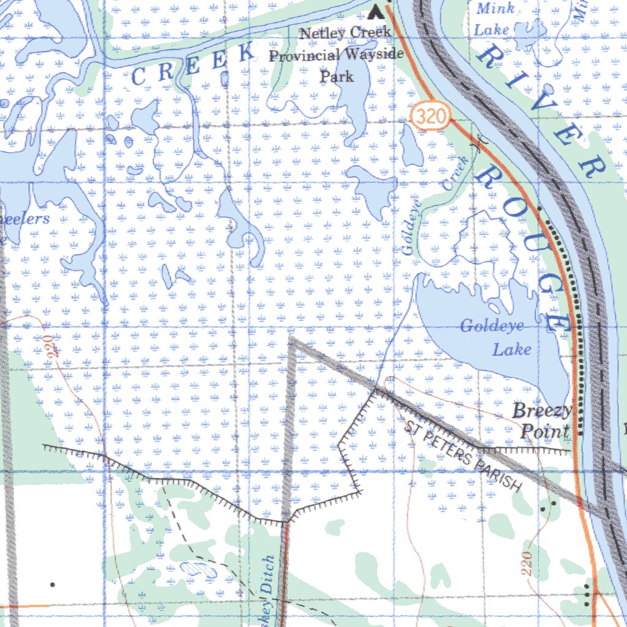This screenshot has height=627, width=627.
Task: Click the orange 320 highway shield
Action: click(x=431, y=116)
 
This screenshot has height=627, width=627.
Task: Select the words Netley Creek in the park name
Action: click(x=345, y=33)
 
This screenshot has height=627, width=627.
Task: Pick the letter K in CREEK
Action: click(x=246, y=54)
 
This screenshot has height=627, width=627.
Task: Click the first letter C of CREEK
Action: click(x=138, y=77)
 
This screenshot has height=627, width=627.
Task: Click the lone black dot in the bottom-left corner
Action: click(x=53, y=585)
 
